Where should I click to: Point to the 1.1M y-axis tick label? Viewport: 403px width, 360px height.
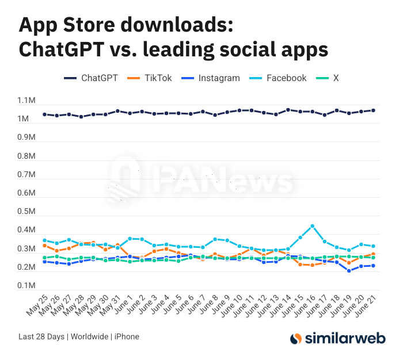click(x=26, y=101)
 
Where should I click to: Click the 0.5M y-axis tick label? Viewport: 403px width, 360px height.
click(x=26, y=212)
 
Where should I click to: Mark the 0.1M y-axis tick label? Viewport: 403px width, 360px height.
click(x=26, y=286)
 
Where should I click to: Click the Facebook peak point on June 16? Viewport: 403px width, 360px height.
click(x=312, y=226)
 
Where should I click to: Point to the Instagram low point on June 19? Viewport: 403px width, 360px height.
click(x=349, y=271)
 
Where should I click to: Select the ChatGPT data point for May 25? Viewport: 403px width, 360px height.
click(x=44, y=114)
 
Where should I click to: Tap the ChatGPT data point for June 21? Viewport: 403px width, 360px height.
click(x=373, y=110)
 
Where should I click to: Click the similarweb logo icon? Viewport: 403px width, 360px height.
click(x=296, y=339)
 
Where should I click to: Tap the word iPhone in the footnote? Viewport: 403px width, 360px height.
click(x=127, y=336)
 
